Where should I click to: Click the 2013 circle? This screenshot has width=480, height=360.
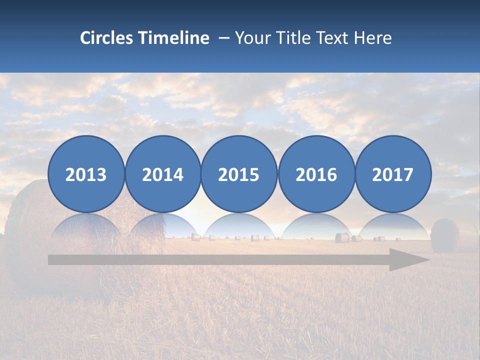coord(86,174)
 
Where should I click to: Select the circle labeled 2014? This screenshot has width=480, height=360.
coord(162,174)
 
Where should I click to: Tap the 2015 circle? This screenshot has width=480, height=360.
coord(239,174)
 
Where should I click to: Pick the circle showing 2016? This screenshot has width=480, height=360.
coord(316,174)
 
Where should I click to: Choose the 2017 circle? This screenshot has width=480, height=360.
coord(392,174)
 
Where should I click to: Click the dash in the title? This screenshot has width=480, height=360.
coord(223,38)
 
